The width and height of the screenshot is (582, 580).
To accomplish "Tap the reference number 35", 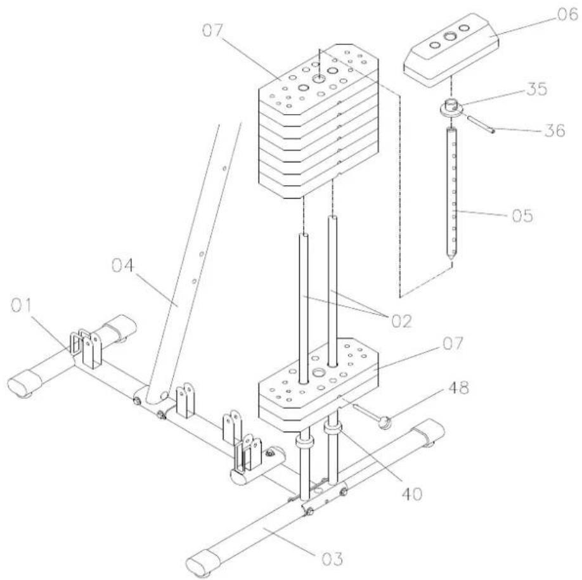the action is (536, 89).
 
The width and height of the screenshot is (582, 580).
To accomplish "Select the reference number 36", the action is (555, 130).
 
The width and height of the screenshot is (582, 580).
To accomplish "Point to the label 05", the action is (522, 216).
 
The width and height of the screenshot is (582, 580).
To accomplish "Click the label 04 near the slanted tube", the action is (122, 266).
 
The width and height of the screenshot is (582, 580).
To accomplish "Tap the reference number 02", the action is (401, 321).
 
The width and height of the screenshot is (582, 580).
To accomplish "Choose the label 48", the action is (458, 388).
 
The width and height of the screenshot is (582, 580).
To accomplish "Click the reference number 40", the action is (412, 494).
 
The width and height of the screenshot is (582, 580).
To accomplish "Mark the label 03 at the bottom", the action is (332, 559).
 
